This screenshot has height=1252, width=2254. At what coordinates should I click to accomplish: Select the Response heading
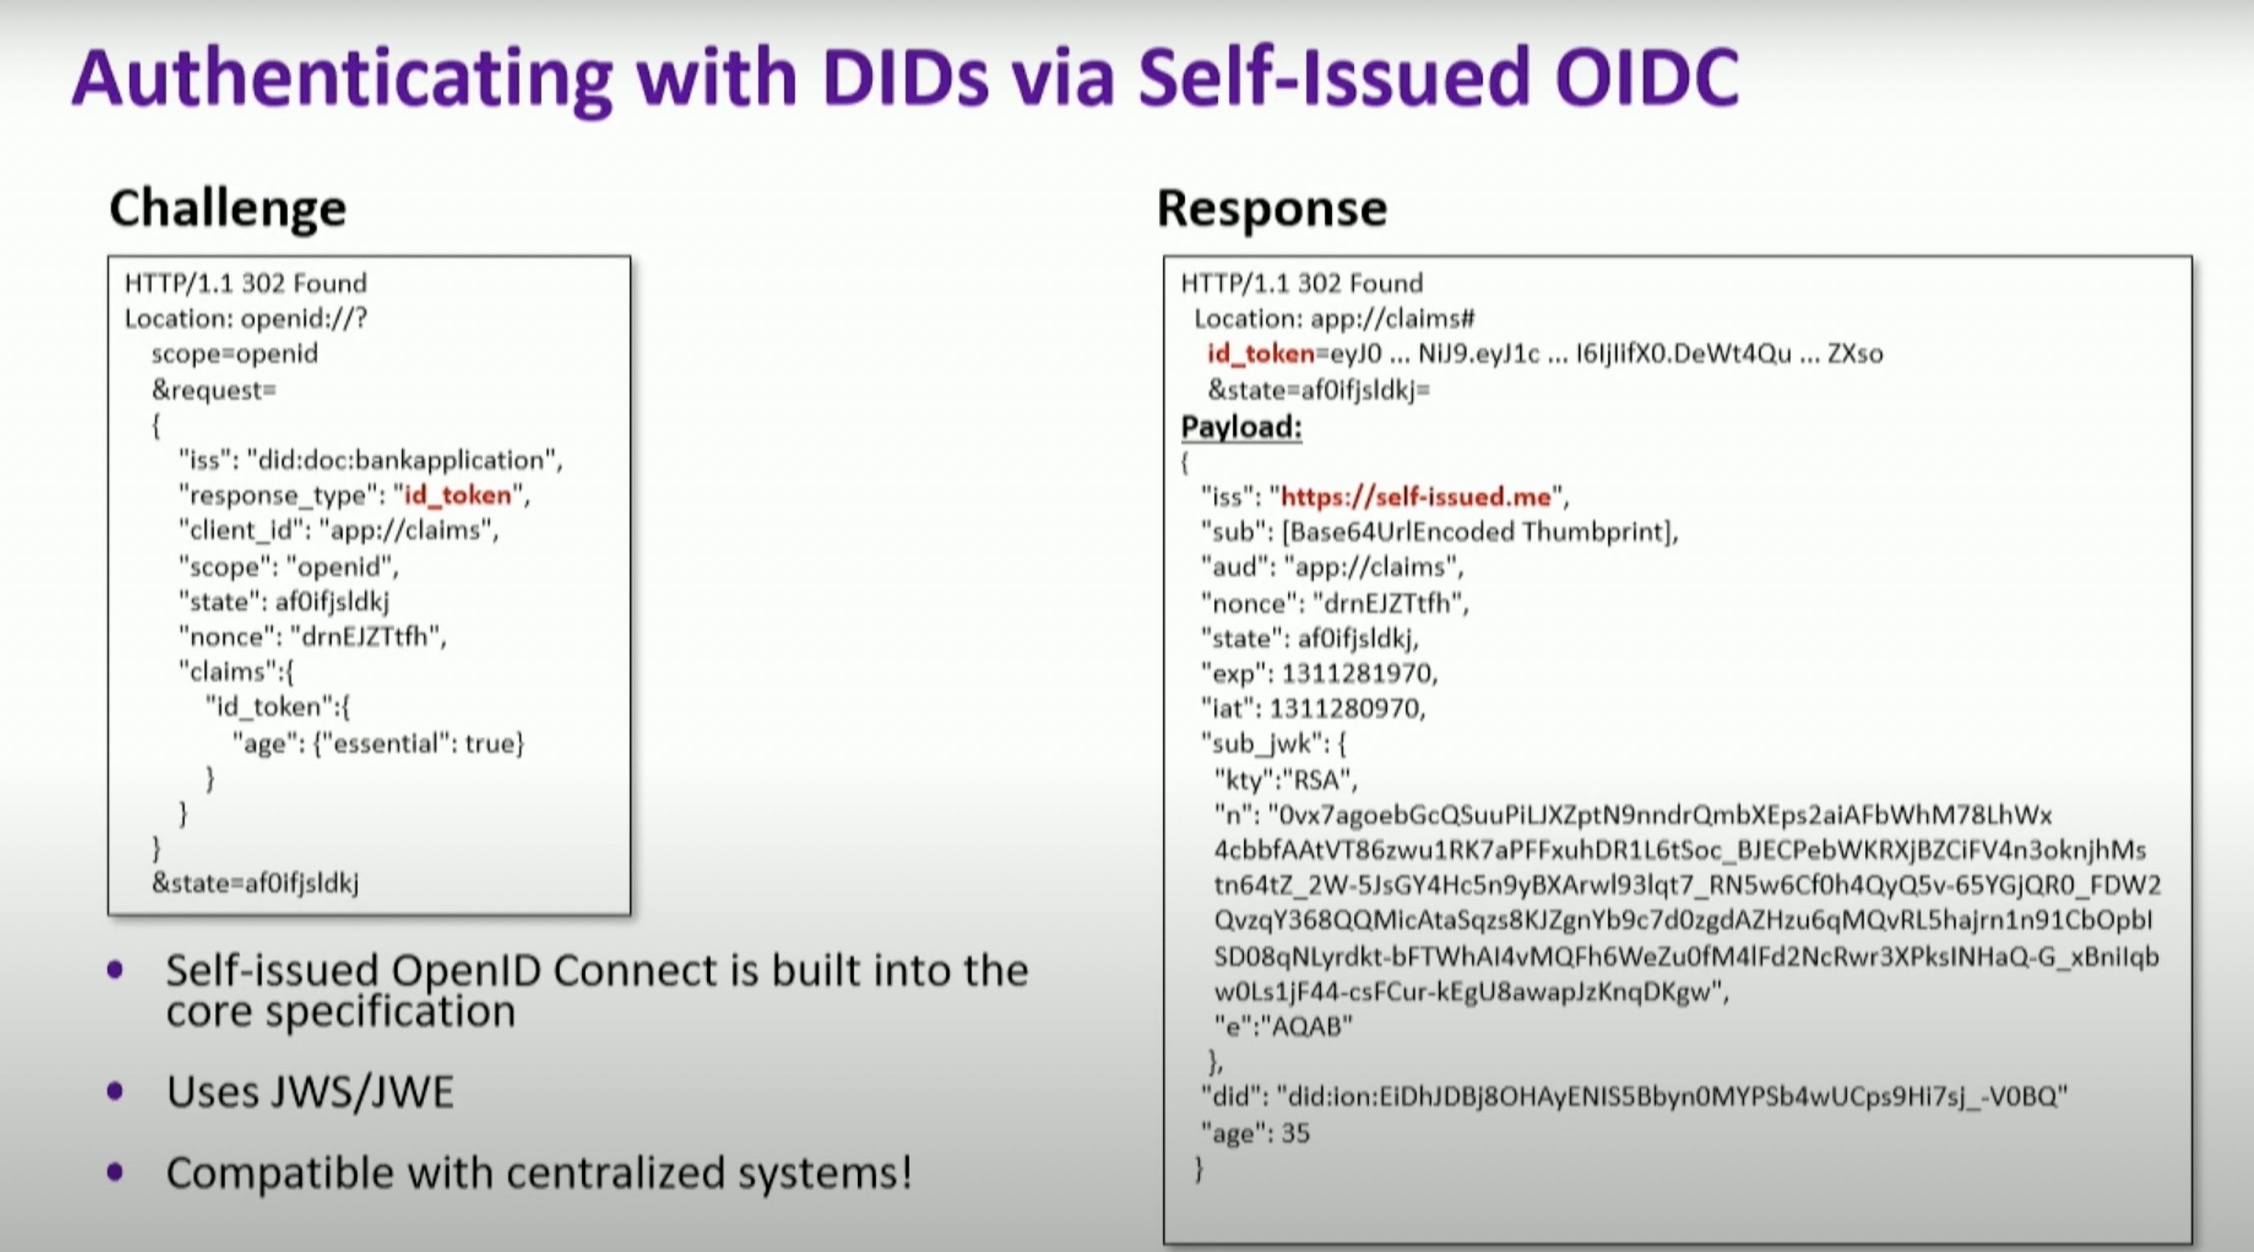coord(1272,208)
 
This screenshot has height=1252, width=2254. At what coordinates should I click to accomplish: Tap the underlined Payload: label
coord(1241,427)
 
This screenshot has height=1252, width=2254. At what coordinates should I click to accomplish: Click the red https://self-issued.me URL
coord(1415,497)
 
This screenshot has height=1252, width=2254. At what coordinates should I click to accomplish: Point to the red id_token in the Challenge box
coord(458,495)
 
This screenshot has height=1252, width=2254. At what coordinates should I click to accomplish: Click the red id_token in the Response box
coord(1261,354)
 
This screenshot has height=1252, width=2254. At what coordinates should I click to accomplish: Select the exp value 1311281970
coord(1357,673)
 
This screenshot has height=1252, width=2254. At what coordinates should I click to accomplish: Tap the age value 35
coord(1296,1133)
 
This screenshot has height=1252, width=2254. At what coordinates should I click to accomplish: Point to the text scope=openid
coord(235,354)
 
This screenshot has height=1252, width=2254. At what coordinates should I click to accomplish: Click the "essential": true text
coord(418,743)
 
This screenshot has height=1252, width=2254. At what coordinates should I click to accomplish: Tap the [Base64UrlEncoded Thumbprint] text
coord(1478,532)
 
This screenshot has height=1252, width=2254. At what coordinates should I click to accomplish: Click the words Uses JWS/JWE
coord(310,1092)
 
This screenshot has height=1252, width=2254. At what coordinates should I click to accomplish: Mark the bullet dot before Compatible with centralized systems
coord(114,1172)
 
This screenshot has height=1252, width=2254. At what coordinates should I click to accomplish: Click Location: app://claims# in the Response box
coord(1335,319)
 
